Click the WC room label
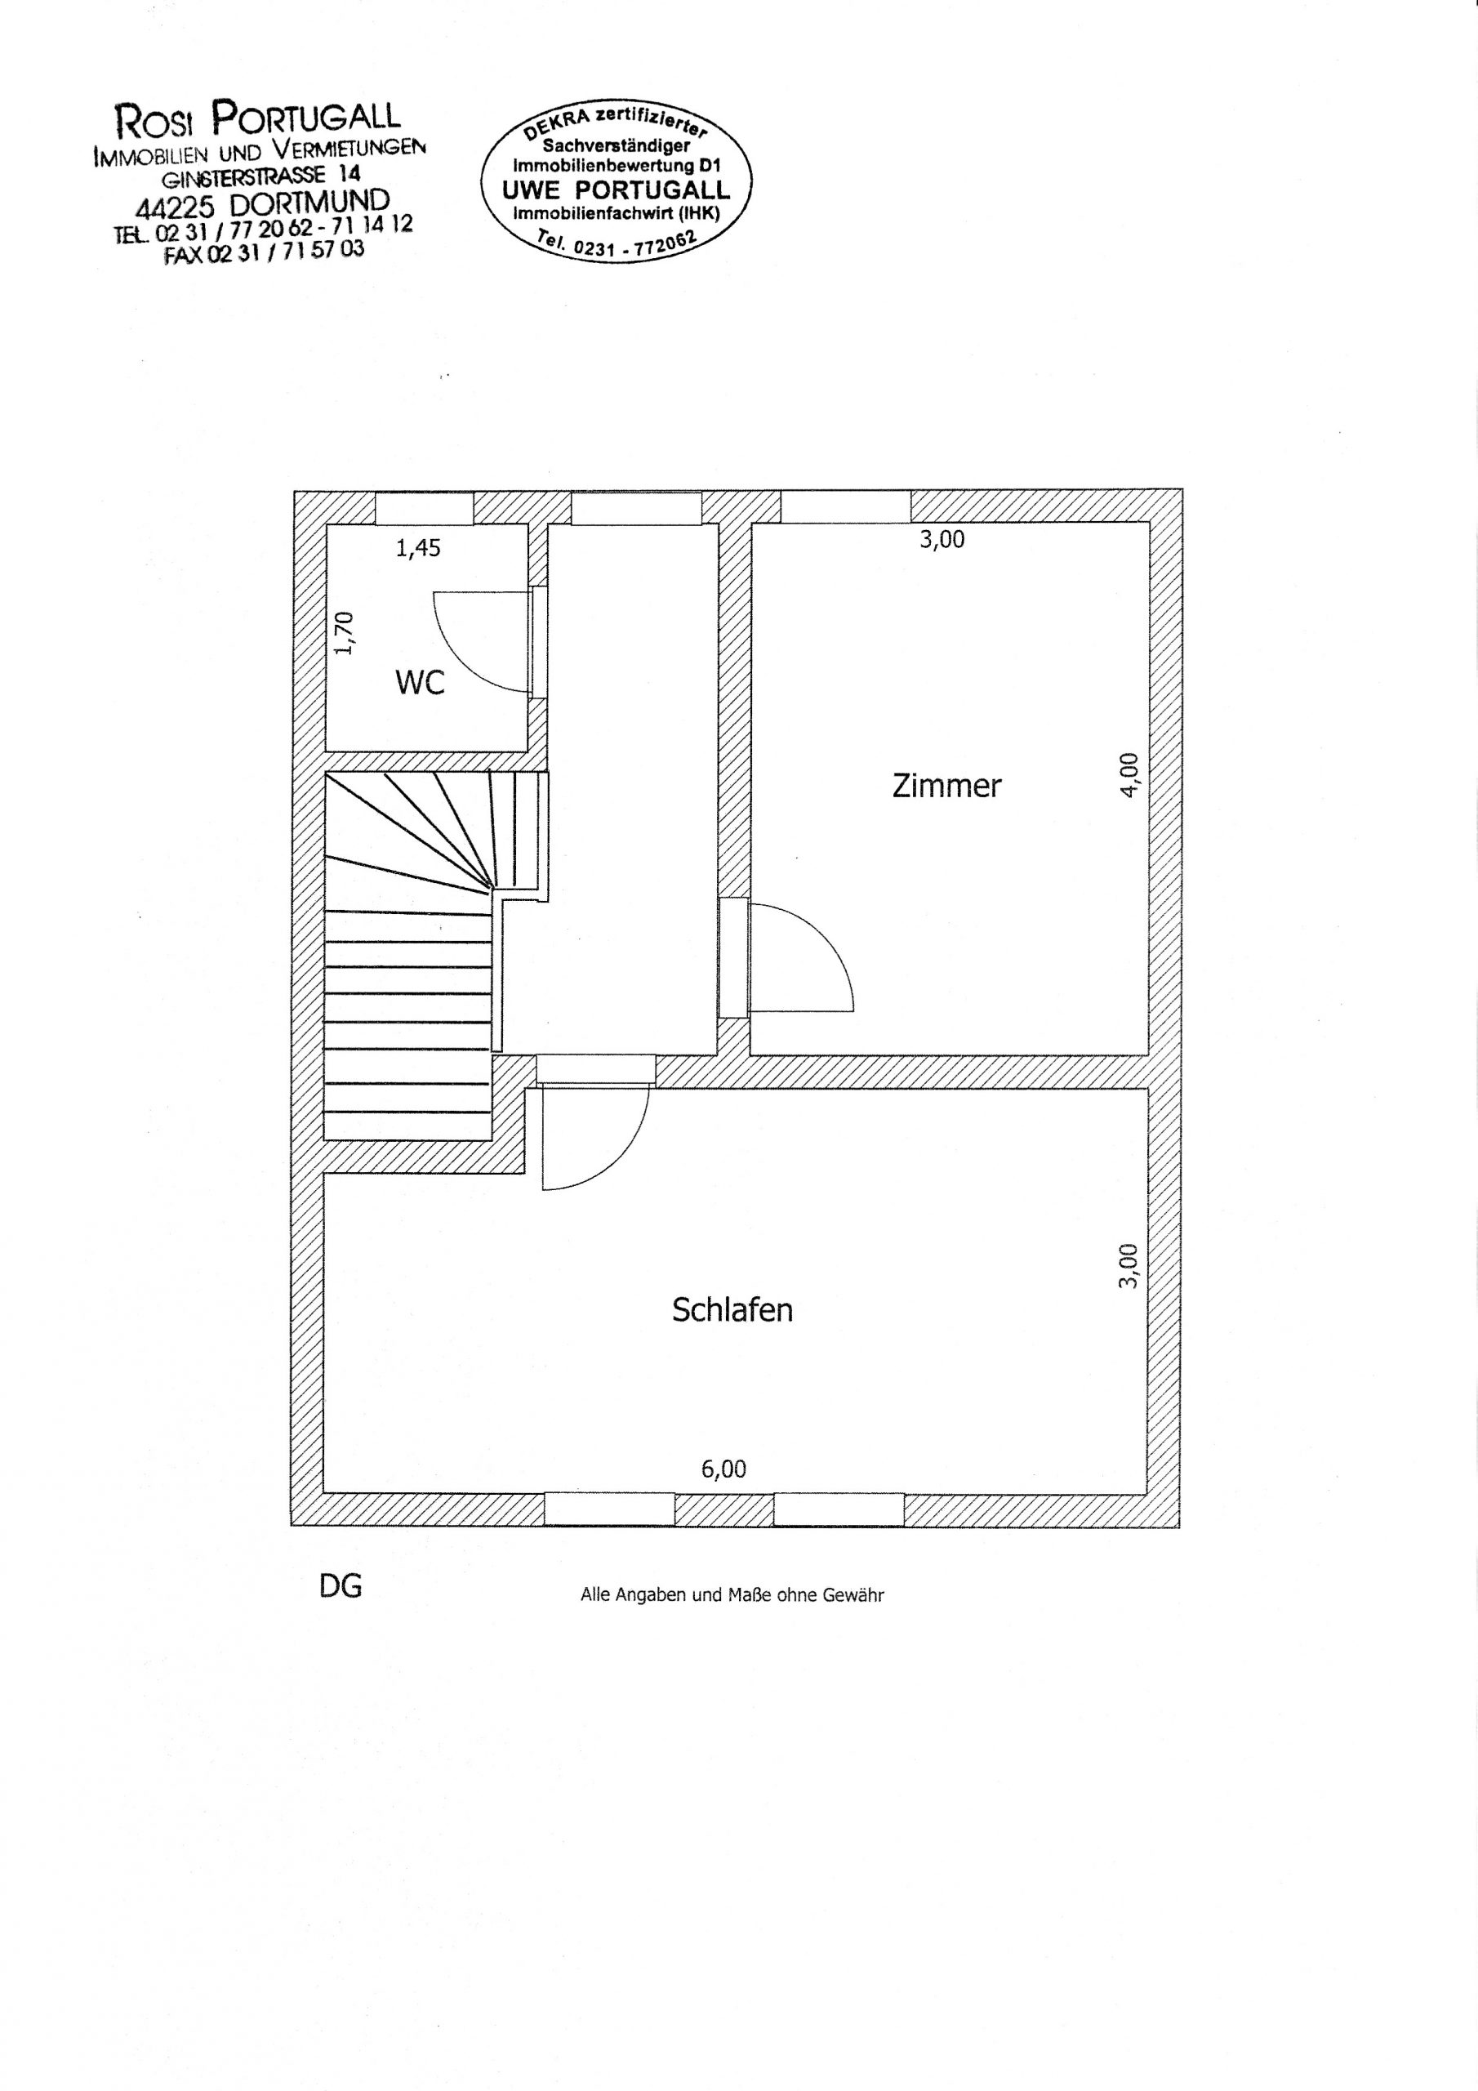420,682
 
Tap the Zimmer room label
946,785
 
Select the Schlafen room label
732,1309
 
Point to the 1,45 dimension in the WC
418,548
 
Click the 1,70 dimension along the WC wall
343,633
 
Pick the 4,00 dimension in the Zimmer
1129,776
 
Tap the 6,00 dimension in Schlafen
724,1469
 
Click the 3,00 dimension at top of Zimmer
942,539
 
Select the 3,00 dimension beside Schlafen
1129,1266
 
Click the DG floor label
341,1586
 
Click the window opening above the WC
425,507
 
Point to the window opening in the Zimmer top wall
846,506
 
